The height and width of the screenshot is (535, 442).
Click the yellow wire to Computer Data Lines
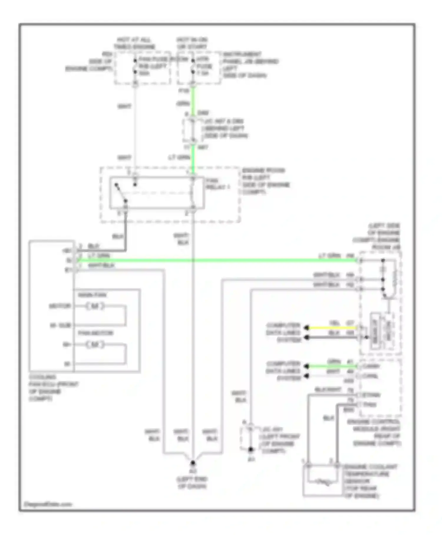(331, 328)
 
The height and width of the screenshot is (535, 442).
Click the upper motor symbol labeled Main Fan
(95, 306)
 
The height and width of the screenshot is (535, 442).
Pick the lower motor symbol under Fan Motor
(95, 344)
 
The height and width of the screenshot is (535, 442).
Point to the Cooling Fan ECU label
(53, 388)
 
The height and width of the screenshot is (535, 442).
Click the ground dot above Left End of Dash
(192, 463)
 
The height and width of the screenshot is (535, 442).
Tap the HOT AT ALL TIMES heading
(134, 43)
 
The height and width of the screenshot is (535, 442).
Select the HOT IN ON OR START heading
(192, 43)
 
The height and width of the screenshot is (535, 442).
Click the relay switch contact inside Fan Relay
(121, 193)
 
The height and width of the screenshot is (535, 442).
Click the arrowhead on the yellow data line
(307, 328)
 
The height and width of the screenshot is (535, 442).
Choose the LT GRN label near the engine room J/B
(330, 255)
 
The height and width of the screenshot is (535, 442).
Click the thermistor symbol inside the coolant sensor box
(322, 482)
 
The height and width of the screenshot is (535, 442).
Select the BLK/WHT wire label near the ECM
(328, 390)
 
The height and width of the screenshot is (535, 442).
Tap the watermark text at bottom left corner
(47, 504)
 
